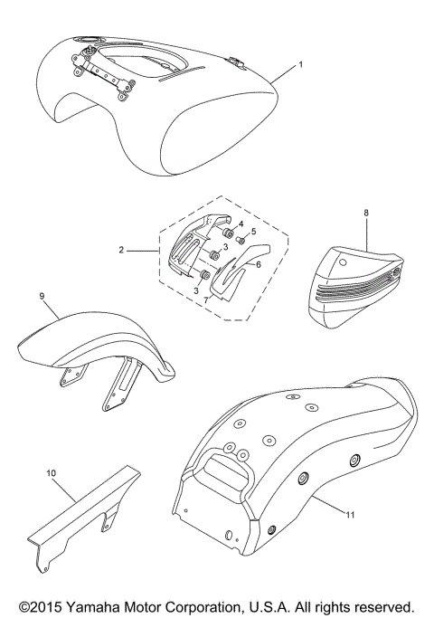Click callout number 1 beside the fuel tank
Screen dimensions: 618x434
[x=302, y=67]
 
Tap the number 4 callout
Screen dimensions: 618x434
[x=241, y=223]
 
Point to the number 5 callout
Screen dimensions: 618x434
[x=254, y=232]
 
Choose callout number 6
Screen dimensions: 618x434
[x=258, y=264]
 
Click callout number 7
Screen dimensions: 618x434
[x=206, y=298]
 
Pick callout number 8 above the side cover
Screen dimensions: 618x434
[x=365, y=214]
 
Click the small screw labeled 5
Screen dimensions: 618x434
[x=241, y=242]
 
